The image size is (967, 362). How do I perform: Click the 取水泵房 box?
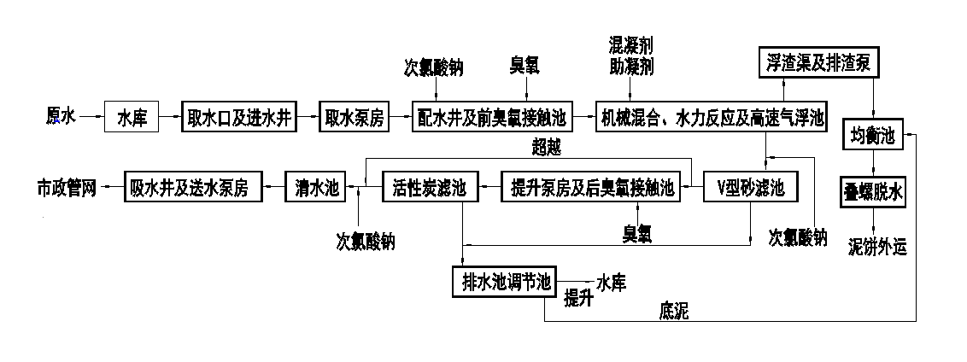(354, 117)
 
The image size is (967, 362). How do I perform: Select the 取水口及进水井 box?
(240, 117)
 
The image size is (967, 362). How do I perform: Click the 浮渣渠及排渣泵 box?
(815, 61)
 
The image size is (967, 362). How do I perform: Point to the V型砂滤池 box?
(750, 188)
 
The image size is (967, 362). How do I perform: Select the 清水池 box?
(314, 188)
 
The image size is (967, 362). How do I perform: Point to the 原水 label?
(61, 116)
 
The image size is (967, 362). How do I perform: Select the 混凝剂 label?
(630, 44)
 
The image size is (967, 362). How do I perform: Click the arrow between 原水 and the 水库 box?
(91, 117)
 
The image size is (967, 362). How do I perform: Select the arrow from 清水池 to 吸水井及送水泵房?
(273, 188)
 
